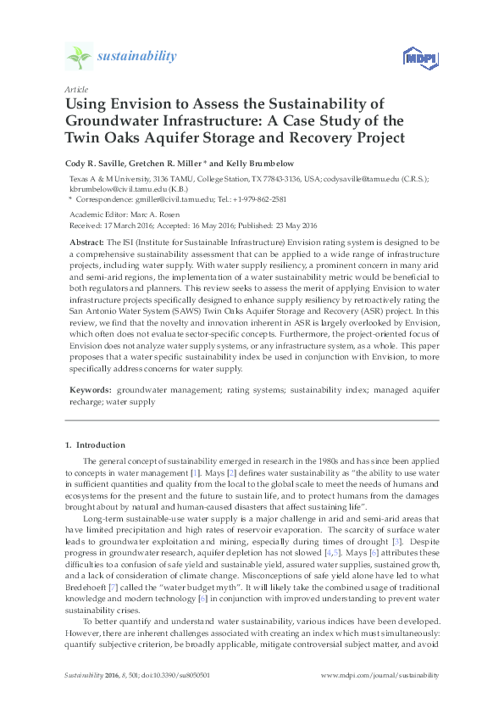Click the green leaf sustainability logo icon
(78, 57)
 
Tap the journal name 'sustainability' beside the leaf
(137, 57)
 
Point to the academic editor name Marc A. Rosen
(149, 215)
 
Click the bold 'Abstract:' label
(86, 243)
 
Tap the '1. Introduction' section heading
(95, 444)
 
